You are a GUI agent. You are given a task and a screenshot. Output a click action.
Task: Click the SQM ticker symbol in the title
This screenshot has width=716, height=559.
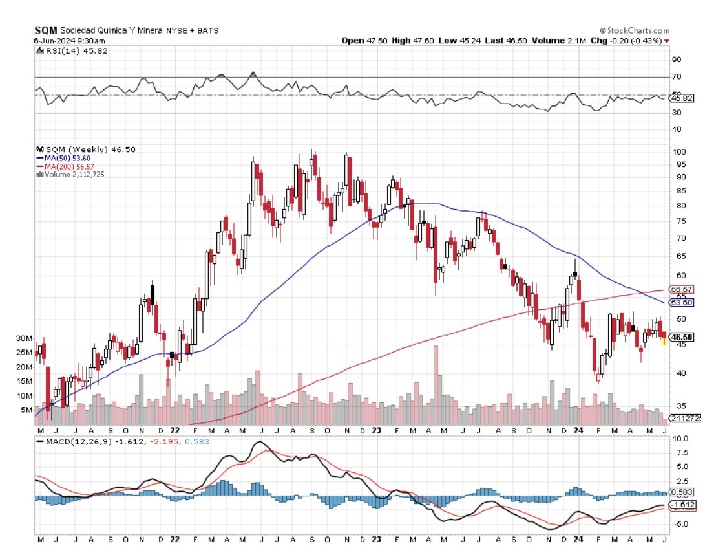tap(45, 30)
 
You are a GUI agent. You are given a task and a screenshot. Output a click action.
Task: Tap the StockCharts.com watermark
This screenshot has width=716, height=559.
tap(635, 30)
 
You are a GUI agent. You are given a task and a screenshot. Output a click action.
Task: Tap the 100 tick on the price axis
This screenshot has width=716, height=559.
tap(680, 151)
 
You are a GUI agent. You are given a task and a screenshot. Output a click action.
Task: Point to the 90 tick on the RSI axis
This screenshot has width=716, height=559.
tap(677, 60)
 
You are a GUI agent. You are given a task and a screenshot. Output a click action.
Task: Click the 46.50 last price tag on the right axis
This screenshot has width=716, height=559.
tap(682, 337)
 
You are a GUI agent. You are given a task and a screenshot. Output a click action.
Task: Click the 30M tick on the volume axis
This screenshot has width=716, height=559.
tap(25, 338)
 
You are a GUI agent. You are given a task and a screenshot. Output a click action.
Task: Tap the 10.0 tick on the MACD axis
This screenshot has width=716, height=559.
tap(680, 438)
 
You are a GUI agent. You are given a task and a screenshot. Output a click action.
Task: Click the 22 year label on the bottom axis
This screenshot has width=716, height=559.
tap(174, 430)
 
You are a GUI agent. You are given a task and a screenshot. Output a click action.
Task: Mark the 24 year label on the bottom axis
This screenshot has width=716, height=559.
tap(579, 430)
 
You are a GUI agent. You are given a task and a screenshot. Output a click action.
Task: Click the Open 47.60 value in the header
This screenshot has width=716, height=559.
tap(364, 41)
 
